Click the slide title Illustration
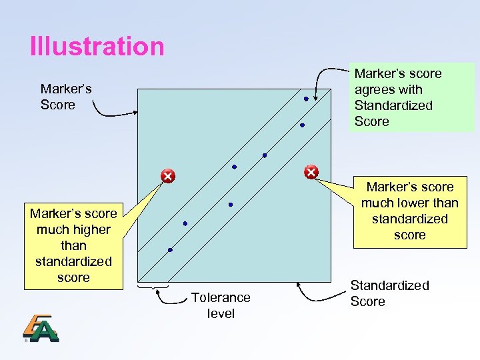pyautogui.click(x=97, y=47)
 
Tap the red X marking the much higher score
pyautogui.click(x=167, y=176)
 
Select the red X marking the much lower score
pyautogui.click(x=311, y=173)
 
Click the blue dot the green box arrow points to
pyautogui.click(x=306, y=99)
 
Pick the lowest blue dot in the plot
pyautogui.click(x=170, y=250)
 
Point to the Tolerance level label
pyautogui.click(x=221, y=305)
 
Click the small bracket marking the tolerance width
pyautogui.click(x=153, y=287)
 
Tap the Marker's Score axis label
pyautogui.click(x=66, y=97)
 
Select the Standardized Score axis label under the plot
pyautogui.click(x=389, y=293)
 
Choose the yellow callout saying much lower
pyautogui.click(x=409, y=211)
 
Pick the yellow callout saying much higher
pyautogui.click(x=73, y=245)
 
